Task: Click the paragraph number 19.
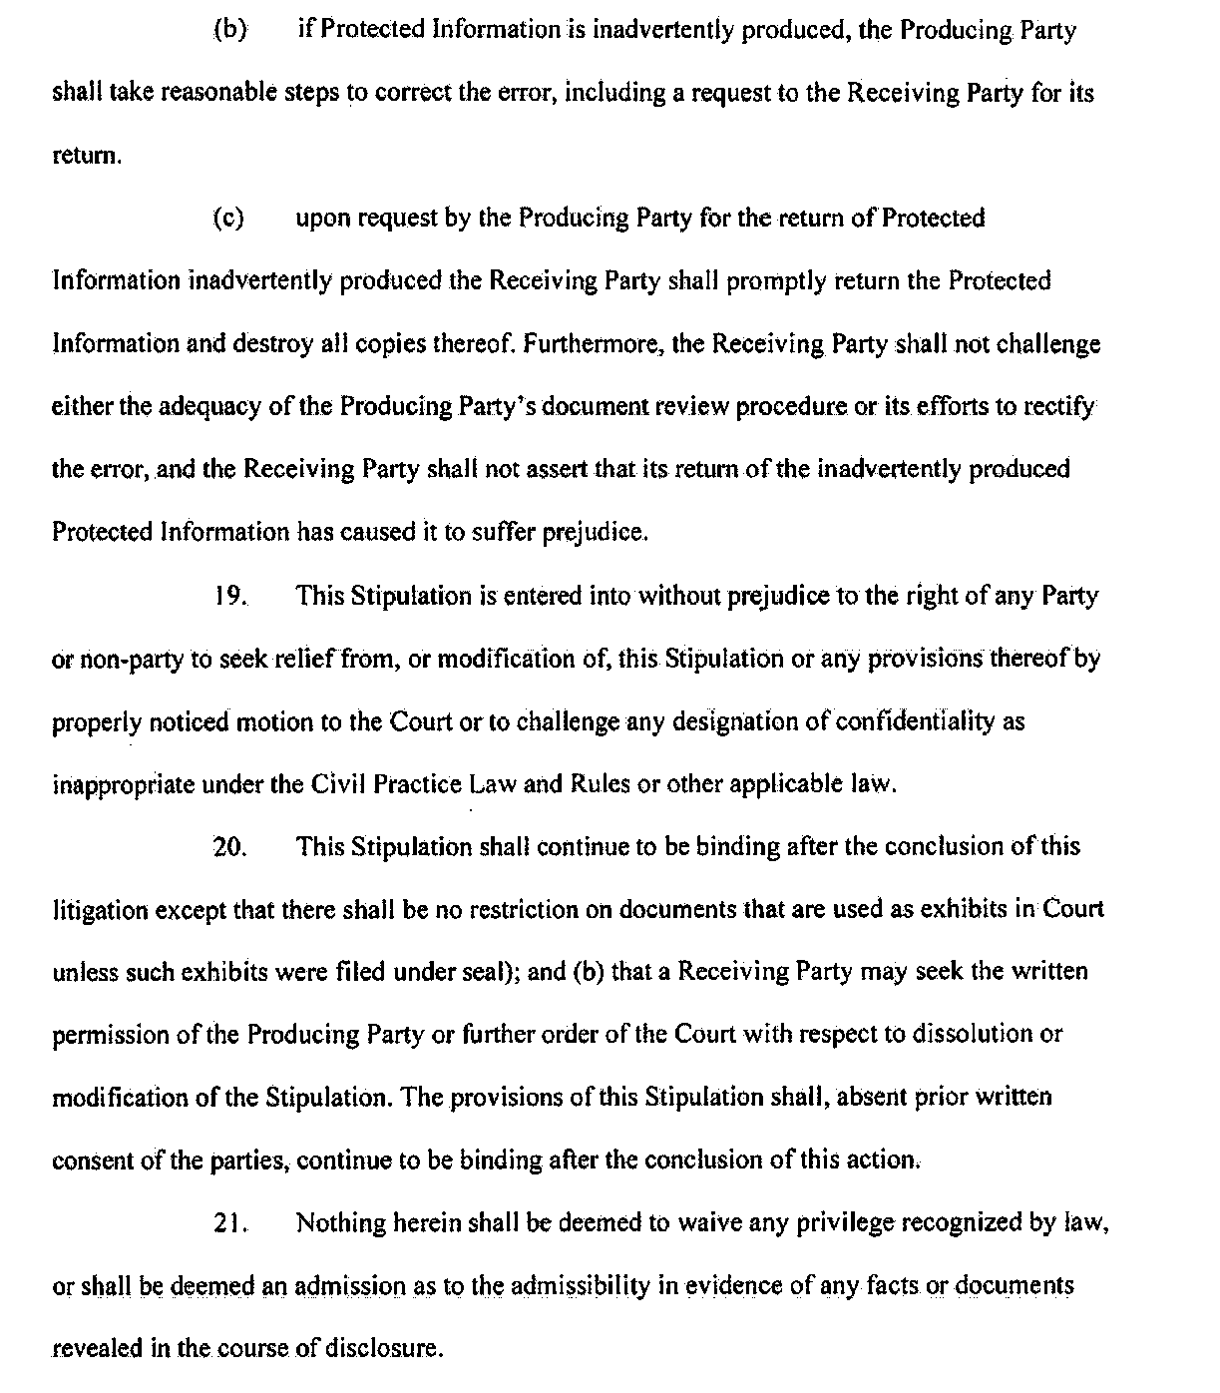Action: coord(229,597)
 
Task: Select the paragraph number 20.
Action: coord(229,847)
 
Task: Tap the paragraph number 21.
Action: coord(229,1223)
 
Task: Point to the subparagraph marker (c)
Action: coord(228,219)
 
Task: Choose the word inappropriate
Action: coord(123,784)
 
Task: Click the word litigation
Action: coord(100,910)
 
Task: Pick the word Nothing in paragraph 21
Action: coord(336,1223)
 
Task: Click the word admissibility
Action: coord(581,1286)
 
